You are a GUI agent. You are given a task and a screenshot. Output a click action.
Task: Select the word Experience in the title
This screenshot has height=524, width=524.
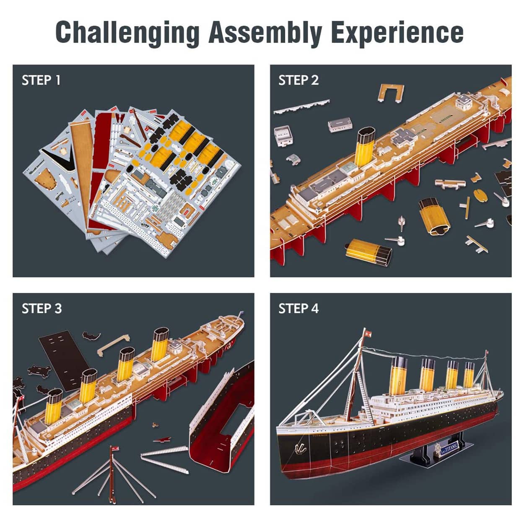click(x=397, y=33)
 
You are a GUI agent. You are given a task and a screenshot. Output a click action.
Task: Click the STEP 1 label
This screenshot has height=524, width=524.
click(x=41, y=80)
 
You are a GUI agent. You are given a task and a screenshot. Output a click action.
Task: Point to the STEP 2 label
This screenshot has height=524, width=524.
click(x=298, y=80)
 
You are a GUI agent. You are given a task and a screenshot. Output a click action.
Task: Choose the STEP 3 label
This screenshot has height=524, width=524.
click(x=42, y=309)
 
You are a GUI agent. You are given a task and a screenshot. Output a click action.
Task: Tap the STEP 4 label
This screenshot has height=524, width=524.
click(x=298, y=309)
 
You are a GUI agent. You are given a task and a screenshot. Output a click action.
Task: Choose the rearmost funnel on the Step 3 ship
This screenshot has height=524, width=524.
click(x=161, y=345)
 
